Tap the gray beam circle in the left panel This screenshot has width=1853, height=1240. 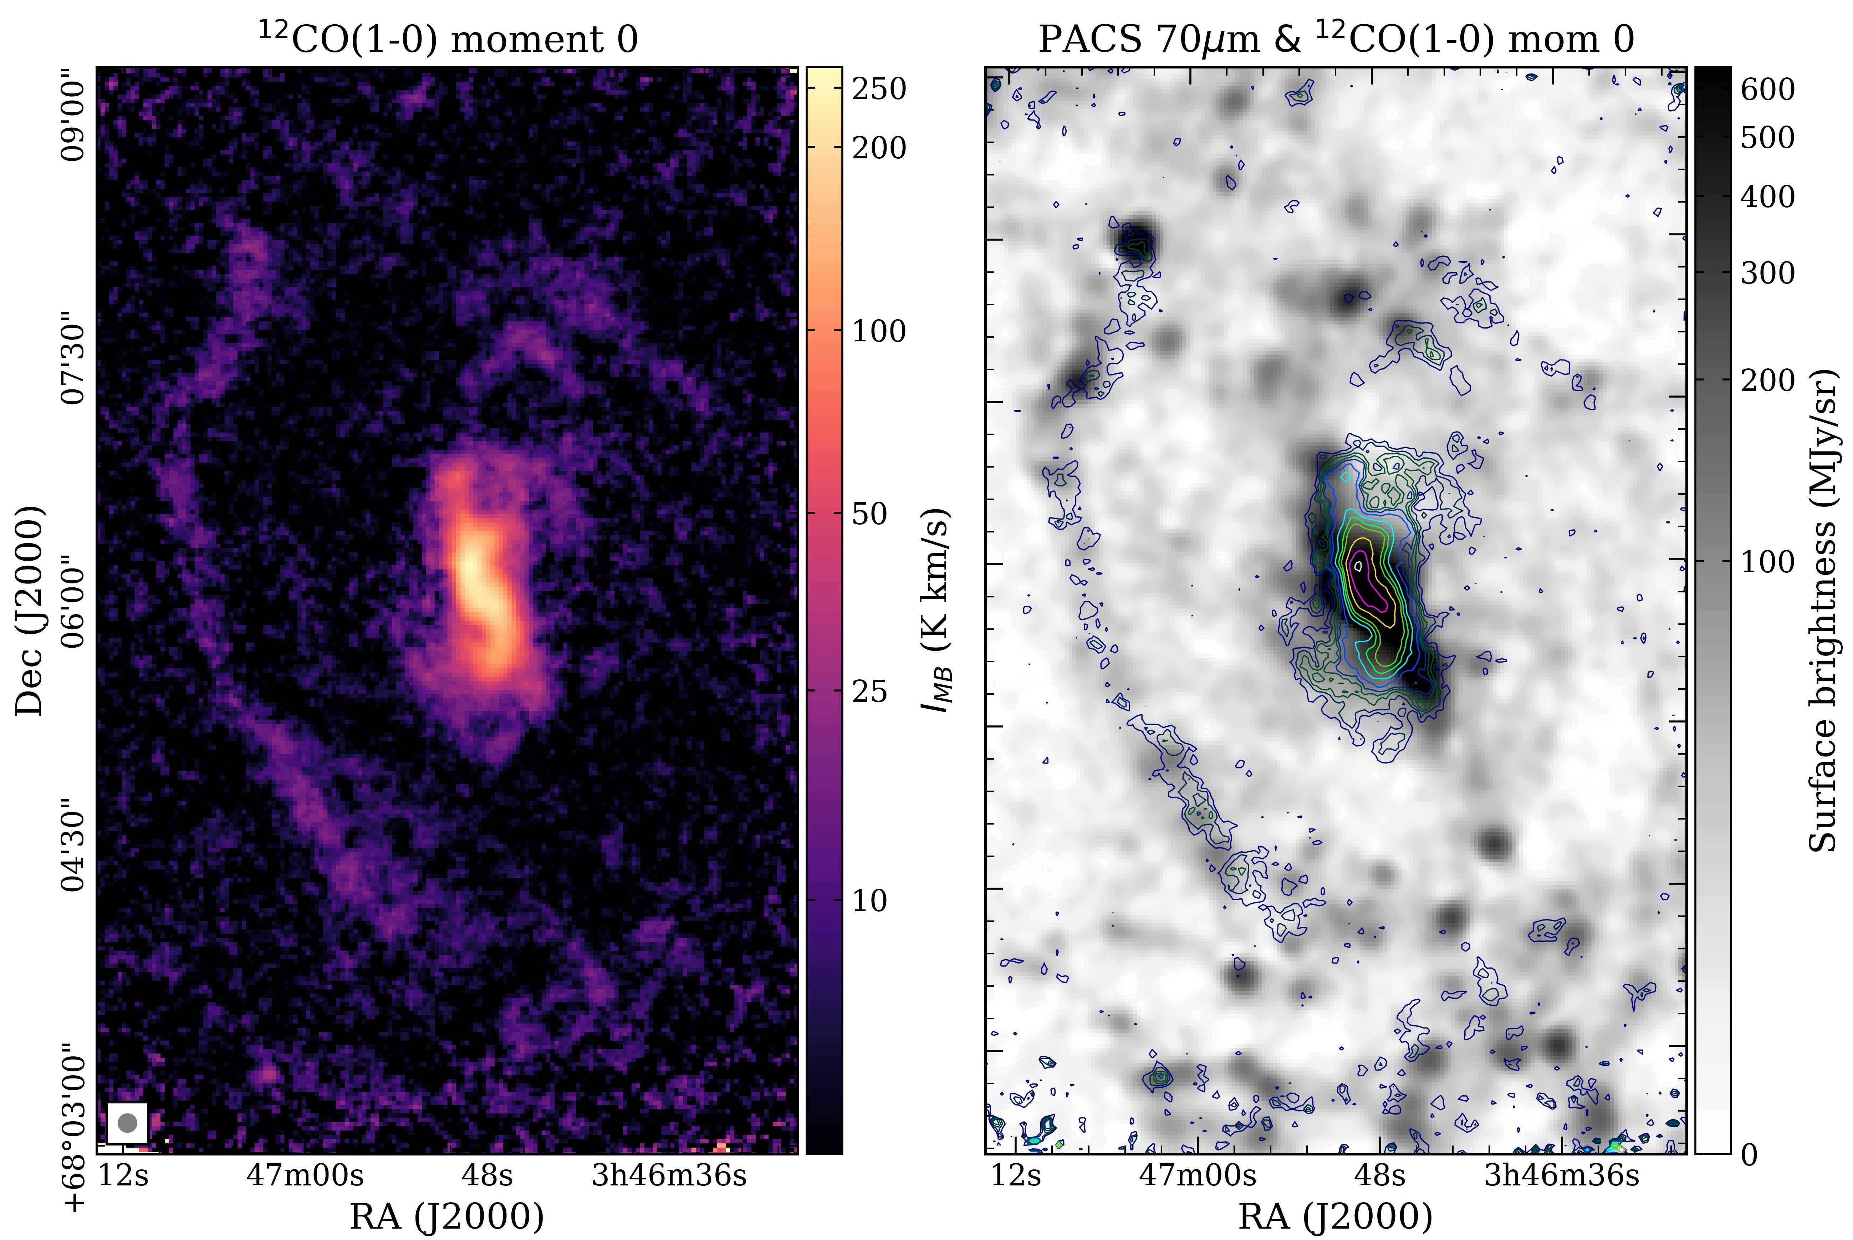click(127, 1122)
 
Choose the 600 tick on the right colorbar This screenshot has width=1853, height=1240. click(1767, 88)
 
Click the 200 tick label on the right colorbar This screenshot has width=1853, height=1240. click(1767, 379)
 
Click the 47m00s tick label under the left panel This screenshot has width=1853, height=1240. click(305, 1176)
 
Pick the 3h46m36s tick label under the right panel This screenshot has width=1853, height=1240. click(1562, 1176)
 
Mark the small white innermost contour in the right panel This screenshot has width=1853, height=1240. click(1358, 565)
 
